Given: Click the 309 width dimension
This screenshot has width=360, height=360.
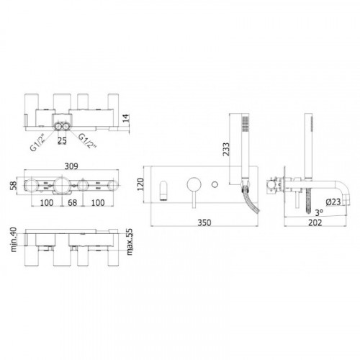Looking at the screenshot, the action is [x=71, y=166].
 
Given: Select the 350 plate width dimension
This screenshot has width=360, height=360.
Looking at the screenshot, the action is [x=204, y=222].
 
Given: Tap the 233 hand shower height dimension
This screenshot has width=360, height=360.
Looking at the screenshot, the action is [x=226, y=149].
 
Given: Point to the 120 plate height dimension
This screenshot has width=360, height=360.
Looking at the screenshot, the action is [x=140, y=184].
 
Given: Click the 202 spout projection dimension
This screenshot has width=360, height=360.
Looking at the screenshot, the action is [x=315, y=222].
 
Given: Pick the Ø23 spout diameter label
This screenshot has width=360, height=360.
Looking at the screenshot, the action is [x=333, y=202].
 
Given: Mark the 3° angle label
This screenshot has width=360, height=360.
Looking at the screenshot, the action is [x=319, y=212].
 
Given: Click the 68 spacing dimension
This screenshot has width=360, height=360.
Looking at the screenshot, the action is [x=72, y=202].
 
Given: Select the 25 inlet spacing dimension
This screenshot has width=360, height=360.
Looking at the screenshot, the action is [x=62, y=140].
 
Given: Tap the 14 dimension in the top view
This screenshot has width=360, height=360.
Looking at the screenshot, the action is [x=126, y=118].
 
